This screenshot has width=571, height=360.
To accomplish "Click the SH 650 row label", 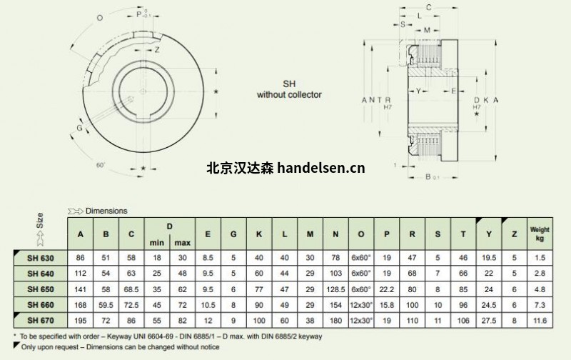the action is pos(41,289).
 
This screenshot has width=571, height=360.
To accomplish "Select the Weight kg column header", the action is pos(540,234).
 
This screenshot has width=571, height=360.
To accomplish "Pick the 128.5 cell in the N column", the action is pos(335,289).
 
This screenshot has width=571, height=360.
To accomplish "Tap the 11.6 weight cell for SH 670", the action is pos(540,321).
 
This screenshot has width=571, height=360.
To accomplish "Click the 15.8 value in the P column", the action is pos(387,305).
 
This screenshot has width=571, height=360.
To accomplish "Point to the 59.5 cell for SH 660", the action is pos(106,305).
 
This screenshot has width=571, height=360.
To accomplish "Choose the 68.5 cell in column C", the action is pos(131,289).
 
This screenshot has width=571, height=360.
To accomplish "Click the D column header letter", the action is pos(170,226).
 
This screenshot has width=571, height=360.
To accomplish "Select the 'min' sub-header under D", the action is pos(157,243).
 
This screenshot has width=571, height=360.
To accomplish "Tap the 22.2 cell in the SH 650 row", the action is pos(387,289).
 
